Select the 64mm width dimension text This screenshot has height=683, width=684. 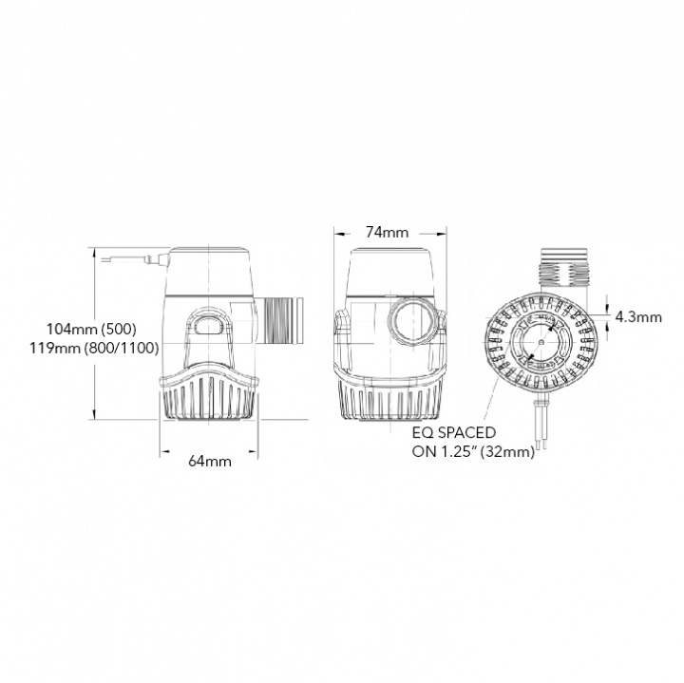point(210,461)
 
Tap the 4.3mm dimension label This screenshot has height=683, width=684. point(637,317)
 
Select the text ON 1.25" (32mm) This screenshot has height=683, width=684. point(473,452)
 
